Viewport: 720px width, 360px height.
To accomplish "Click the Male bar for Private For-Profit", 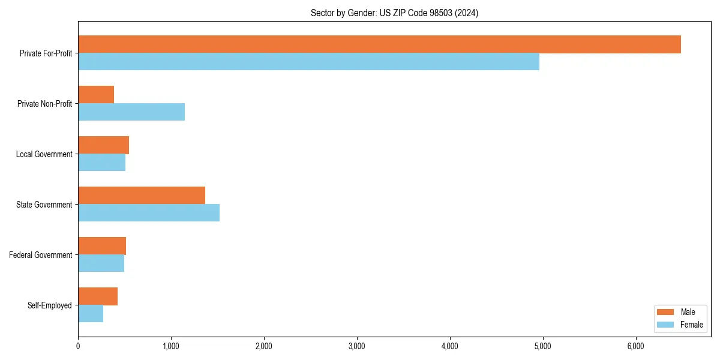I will click(x=379, y=44).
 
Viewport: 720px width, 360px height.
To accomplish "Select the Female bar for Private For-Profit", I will click(x=308, y=62).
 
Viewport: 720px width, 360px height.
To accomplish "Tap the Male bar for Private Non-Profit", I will click(x=96, y=95).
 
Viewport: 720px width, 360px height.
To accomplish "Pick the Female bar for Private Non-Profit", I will click(x=131, y=112).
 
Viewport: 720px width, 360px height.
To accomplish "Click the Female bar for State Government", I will click(x=149, y=213).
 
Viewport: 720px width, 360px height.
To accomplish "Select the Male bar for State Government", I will click(x=142, y=196).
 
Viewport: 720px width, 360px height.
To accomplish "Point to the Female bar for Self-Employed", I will click(x=91, y=314).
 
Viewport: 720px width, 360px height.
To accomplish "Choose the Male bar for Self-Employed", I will click(x=98, y=296).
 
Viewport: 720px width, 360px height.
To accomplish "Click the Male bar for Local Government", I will click(x=103, y=145).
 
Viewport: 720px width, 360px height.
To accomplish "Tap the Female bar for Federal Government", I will click(x=101, y=263).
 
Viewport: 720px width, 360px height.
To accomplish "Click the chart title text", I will click(x=394, y=13).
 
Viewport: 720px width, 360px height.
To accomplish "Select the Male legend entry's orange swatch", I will click(x=666, y=312).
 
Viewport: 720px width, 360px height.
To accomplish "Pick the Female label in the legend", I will click(x=691, y=325).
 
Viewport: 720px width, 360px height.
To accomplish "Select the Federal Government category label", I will click(x=41, y=255).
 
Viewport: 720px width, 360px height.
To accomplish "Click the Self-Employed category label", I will click(x=50, y=305).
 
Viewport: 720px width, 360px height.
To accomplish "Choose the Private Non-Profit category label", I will click(x=44, y=104).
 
